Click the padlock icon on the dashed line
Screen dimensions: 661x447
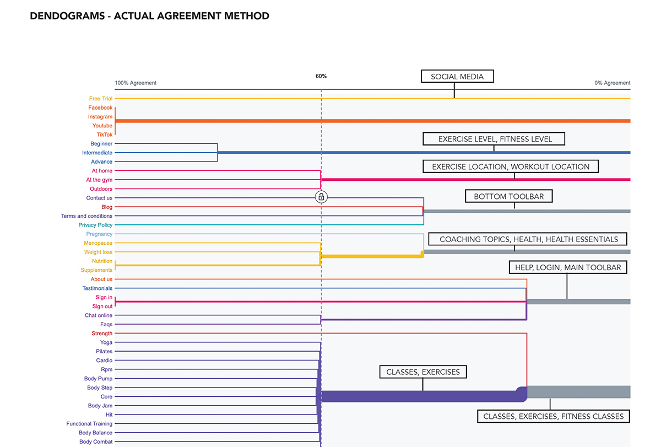pyautogui.click(x=321, y=197)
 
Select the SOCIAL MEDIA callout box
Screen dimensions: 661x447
pyautogui.click(x=457, y=77)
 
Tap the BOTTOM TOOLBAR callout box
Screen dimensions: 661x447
pyautogui.click(x=509, y=196)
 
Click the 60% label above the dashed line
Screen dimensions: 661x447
pyautogui.click(x=321, y=76)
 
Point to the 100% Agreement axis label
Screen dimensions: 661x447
pyautogui.click(x=136, y=83)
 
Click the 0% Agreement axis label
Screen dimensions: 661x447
pyautogui.click(x=613, y=83)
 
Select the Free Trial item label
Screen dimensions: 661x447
pyautogui.click(x=101, y=99)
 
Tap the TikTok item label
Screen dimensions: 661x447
pyautogui.click(x=105, y=134)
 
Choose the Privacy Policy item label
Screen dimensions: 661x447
pyautogui.click(x=95, y=225)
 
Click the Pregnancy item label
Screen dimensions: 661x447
pyautogui.click(x=99, y=234)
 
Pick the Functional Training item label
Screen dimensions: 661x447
pyautogui.click(x=89, y=424)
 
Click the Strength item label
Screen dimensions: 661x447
pyautogui.click(x=102, y=333)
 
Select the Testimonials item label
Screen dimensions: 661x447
pyautogui.click(x=97, y=288)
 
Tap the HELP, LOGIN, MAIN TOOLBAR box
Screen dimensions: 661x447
pyautogui.click(x=568, y=267)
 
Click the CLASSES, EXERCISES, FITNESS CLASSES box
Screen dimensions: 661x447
pyautogui.click(x=553, y=416)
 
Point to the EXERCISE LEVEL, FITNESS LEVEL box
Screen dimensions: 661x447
pyautogui.click(x=494, y=139)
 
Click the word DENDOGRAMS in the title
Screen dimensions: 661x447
pyautogui.click(x=67, y=16)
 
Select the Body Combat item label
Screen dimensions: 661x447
pyautogui.click(x=96, y=441)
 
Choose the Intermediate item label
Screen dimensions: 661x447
pyautogui.click(x=97, y=153)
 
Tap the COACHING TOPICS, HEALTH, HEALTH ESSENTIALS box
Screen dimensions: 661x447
pyautogui.click(x=528, y=239)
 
